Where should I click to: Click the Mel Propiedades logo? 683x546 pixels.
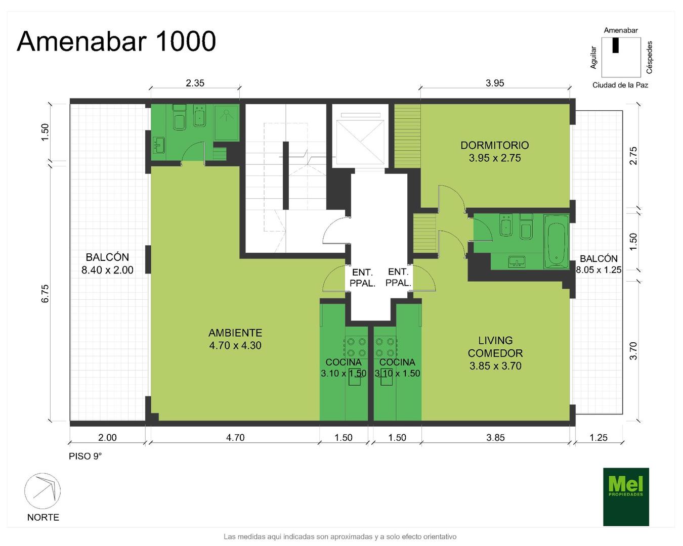click(x=625, y=496)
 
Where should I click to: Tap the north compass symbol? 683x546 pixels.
click(x=42, y=491)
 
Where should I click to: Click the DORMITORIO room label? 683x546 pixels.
click(x=494, y=152)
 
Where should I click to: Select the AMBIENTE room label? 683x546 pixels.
click(x=235, y=339)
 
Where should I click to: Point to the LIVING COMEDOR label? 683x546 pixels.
click(x=495, y=353)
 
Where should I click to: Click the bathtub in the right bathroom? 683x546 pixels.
click(x=556, y=242)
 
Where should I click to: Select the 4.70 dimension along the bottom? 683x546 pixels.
click(x=235, y=437)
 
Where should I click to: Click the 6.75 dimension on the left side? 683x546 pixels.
click(x=45, y=293)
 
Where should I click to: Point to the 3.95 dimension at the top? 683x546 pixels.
click(x=495, y=83)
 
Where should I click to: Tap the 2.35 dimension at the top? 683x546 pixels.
click(x=195, y=83)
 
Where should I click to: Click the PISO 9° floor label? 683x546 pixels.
click(x=85, y=456)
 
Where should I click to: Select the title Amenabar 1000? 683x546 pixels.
click(x=116, y=41)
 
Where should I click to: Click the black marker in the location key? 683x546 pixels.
click(x=615, y=45)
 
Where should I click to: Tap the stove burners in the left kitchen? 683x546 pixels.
click(x=356, y=347)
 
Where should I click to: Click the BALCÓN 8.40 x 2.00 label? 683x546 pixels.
click(x=107, y=263)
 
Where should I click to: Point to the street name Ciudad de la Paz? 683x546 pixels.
click(x=620, y=85)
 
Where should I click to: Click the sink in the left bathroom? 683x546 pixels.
click(x=159, y=145)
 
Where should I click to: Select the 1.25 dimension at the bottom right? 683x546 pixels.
click(x=599, y=437)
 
